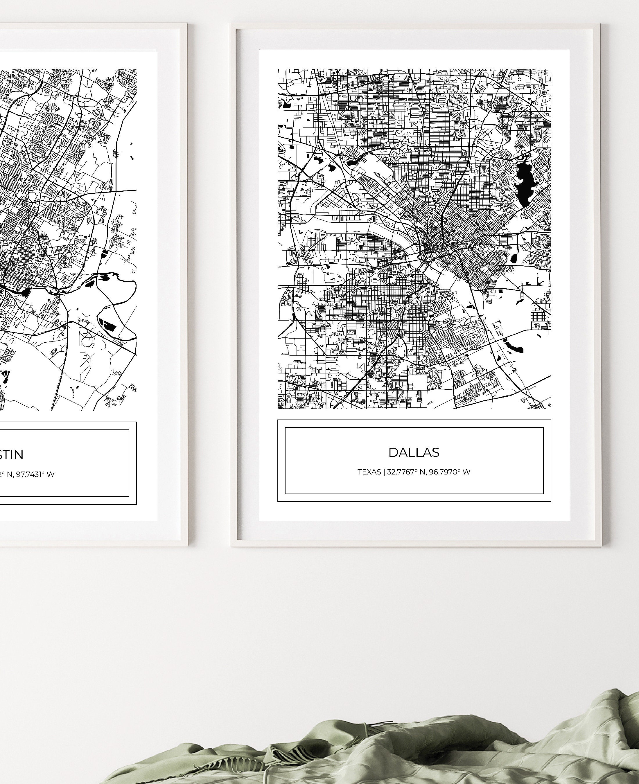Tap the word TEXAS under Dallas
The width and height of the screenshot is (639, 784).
click(369, 472)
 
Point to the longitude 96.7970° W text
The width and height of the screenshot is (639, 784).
click(449, 472)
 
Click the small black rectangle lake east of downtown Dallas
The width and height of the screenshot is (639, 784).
click(514, 259)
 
